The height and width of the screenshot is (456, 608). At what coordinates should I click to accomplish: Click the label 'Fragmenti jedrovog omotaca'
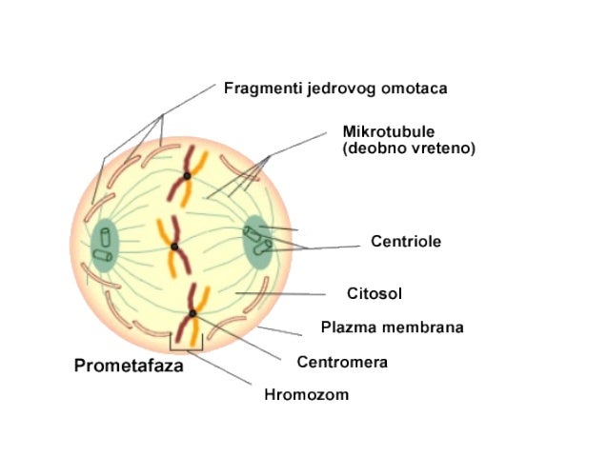[x=335, y=89]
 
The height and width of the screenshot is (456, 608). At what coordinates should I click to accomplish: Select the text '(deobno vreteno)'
[x=408, y=149]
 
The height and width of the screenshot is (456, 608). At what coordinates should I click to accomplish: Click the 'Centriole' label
[x=405, y=242]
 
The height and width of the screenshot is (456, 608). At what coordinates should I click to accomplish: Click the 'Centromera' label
[x=342, y=362]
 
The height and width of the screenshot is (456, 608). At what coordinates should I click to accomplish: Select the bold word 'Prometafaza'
[x=129, y=365]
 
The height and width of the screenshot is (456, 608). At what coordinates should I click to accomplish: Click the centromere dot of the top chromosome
[x=188, y=176]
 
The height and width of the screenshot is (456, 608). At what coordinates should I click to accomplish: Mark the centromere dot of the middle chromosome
[x=174, y=248]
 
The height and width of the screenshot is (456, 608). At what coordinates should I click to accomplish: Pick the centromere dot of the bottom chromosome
[x=193, y=313]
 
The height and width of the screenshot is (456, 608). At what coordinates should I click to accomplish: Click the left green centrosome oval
[x=104, y=244]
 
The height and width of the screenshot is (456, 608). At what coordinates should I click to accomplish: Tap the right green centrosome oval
[x=256, y=241]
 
